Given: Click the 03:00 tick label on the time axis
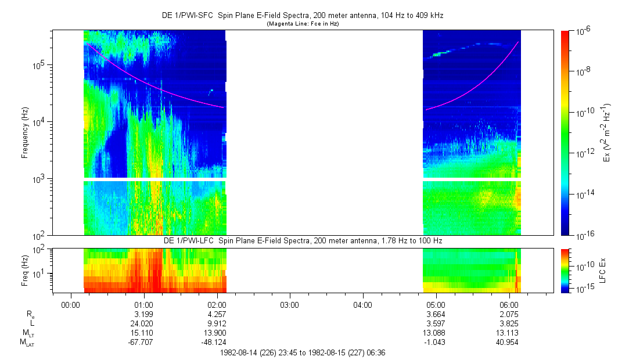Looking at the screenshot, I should click(289, 304).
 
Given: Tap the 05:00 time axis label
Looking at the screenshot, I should click(436, 304).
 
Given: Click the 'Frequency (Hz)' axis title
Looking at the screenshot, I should click(25, 133).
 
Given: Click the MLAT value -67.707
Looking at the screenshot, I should click(142, 342).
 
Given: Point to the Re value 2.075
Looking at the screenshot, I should click(509, 314).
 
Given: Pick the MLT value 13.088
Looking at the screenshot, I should click(436, 333).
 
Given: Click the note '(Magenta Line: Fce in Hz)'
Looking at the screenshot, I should click(303, 24).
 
